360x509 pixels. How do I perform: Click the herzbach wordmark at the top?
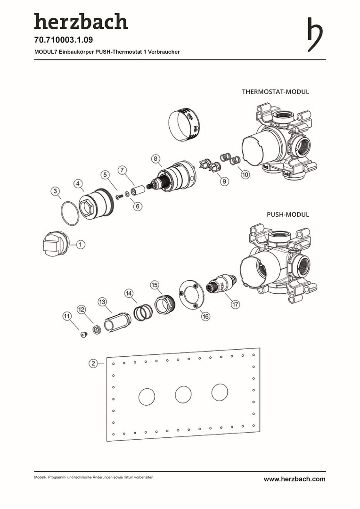tap(81, 22)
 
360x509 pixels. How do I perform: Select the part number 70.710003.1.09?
tap(63, 41)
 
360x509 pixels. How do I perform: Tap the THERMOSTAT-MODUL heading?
tap(275, 91)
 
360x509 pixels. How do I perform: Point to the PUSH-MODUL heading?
tap(288, 214)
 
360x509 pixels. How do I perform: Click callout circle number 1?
tap(80, 244)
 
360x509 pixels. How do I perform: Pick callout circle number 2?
tap(93, 363)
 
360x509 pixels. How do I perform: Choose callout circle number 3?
tap(56, 191)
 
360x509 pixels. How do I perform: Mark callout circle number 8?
tap(156, 158)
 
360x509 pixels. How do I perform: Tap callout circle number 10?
tap(245, 175)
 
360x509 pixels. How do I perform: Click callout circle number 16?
tap(205, 317)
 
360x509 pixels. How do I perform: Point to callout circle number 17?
tap(235, 304)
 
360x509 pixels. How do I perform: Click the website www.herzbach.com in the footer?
tap(294, 479)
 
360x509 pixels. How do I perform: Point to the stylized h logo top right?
tap(315, 34)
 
